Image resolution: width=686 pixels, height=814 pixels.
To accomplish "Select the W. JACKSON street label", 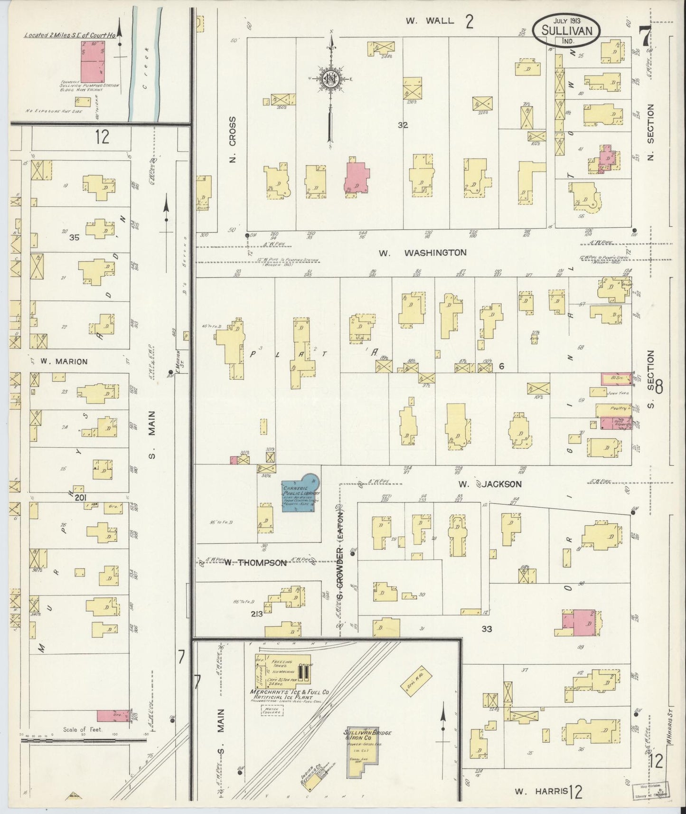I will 490,484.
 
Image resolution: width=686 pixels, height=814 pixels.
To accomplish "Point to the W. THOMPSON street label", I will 255,563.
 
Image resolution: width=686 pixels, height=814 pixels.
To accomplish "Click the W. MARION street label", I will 64,361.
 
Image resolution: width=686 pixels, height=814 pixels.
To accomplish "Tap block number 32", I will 403,125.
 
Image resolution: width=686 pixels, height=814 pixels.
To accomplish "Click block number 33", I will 487,629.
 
